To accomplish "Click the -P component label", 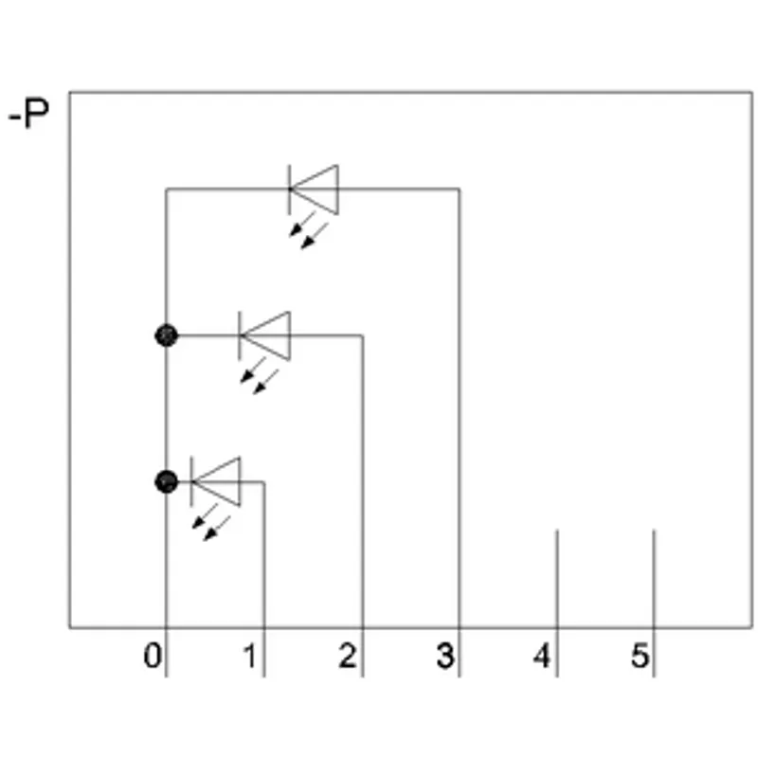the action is (x=29, y=114).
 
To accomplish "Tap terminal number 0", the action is (x=153, y=656).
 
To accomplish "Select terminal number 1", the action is (x=250, y=656).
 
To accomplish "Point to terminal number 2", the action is (x=347, y=656).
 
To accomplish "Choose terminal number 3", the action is (x=444, y=656).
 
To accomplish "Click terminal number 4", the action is (x=542, y=656).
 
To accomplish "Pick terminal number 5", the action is (x=640, y=656).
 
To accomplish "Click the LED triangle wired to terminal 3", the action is (x=314, y=189).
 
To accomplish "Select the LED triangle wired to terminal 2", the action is (x=264, y=336).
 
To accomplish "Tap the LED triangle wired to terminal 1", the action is (x=216, y=482).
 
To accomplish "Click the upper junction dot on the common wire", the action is (x=167, y=335).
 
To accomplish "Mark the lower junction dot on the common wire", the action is (x=167, y=481).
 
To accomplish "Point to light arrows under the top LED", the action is (x=309, y=230).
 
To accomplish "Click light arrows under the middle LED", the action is (x=260, y=375).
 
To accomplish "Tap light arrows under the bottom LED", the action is (x=211, y=522).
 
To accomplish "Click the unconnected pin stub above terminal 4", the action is (x=557, y=579).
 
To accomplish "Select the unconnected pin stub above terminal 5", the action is (x=654, y=579).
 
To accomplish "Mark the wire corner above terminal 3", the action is (x=460, y=189).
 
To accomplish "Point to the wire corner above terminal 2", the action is (x=363, y=335).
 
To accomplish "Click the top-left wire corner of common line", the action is (x=167, y=189).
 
